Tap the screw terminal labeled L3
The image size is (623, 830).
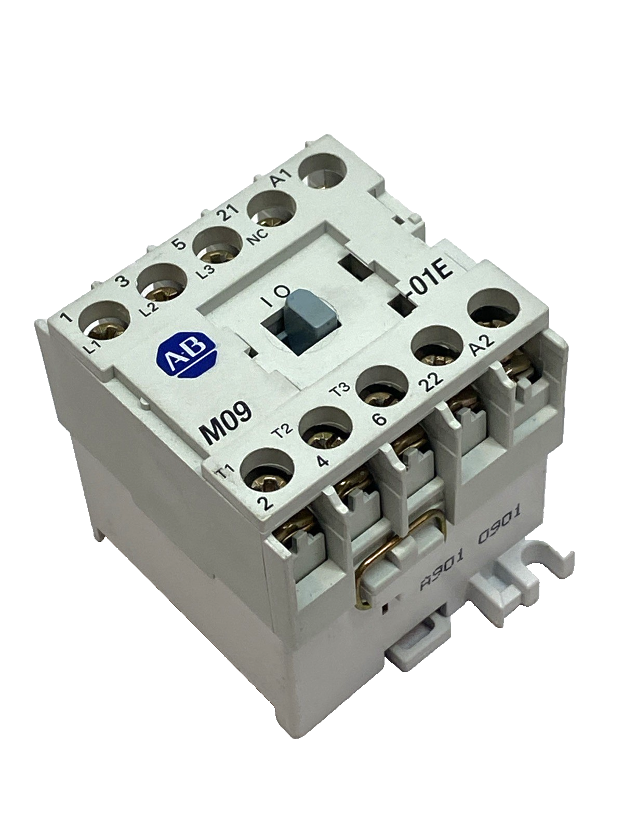[x=217, y=248]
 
